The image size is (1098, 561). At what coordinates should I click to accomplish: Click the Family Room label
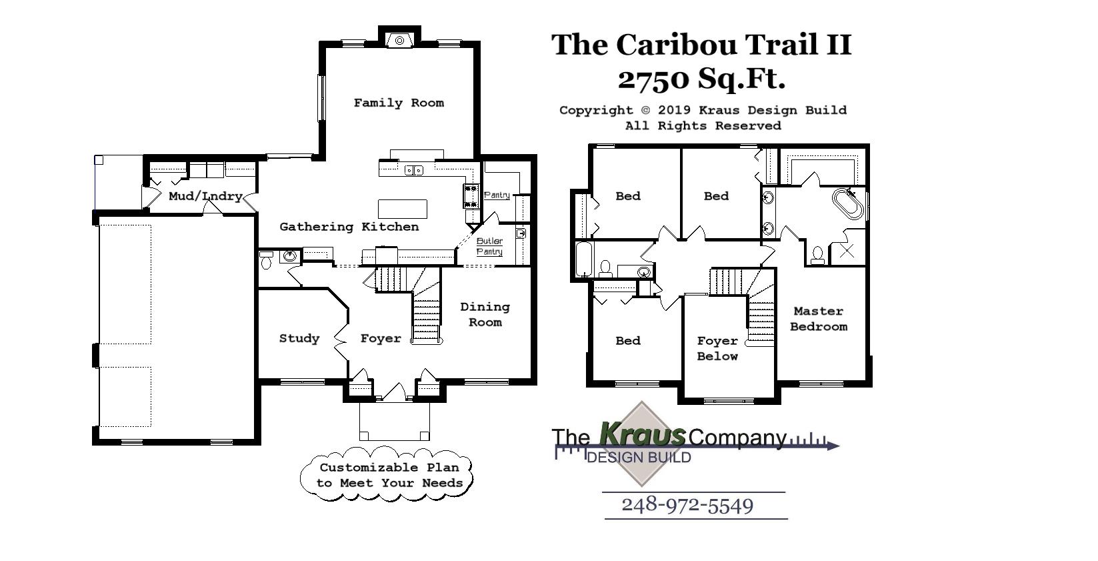pos(399,103)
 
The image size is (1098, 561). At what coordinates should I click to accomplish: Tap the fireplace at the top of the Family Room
pos(400,40)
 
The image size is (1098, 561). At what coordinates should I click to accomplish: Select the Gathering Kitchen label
pos(349,227)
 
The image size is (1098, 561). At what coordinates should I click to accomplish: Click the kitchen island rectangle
pos(403,209)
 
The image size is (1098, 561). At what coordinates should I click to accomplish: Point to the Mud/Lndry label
pos(205,196)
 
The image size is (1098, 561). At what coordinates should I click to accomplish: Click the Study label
pos(299,338)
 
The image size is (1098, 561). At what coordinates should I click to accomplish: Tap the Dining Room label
pos(485,314)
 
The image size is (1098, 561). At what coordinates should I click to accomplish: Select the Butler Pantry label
pos(489,246)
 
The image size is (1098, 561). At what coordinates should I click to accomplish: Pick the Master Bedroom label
pos(819,319)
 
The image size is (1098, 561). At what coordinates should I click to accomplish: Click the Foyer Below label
pos(717,348)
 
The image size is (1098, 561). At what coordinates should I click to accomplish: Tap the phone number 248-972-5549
pos(687,506)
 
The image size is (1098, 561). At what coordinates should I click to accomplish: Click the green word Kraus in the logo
pos(643,434)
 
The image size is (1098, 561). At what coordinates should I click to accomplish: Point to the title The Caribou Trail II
pos(701,45)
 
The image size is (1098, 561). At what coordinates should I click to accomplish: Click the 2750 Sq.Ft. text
pos(701,79)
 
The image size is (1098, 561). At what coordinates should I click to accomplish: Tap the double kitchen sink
pos(414,171)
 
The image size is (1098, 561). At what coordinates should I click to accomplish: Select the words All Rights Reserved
pos(703,125)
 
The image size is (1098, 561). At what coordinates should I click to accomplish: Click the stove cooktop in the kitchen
pos(471,196)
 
